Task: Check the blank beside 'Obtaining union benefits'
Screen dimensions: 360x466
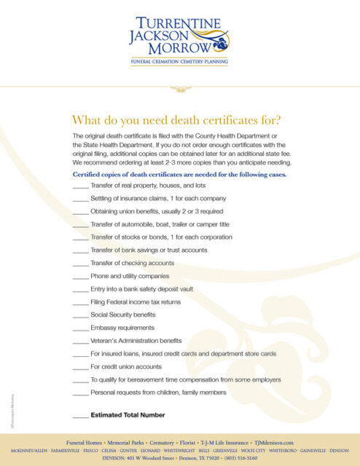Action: (x=80, y=214)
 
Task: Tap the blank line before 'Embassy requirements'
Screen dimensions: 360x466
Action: (x=80, y=329)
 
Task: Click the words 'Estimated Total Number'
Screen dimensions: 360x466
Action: (x=128, y=415)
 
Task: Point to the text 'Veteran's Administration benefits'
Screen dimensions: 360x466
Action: (x=136, y=340)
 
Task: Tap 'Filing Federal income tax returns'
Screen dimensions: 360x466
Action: (x=136, y=301)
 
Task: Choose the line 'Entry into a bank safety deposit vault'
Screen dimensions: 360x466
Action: (x=143, y=289)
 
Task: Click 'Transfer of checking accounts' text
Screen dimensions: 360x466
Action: (x=132, y=263)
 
